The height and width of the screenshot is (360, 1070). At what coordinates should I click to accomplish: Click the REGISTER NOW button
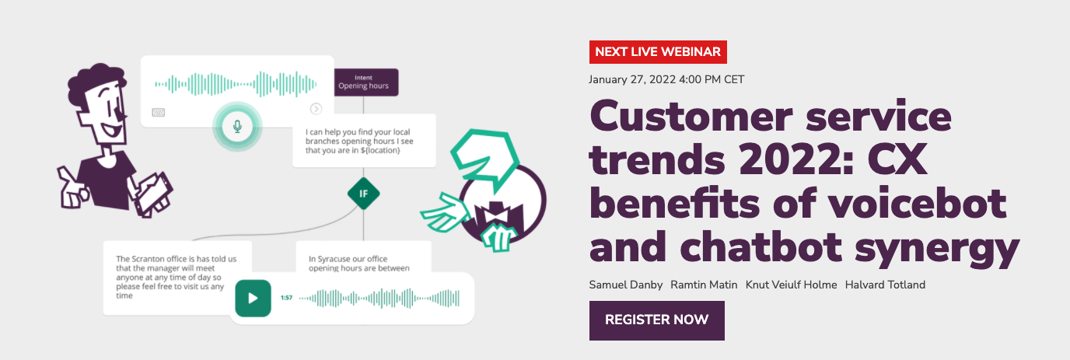656,320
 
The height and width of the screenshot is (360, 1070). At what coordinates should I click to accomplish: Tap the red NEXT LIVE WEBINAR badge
657,52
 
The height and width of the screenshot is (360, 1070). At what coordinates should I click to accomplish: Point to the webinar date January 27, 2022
666,79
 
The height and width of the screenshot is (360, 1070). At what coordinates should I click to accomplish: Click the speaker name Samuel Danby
625,285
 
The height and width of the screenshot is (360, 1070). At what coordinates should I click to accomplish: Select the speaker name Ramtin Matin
704,285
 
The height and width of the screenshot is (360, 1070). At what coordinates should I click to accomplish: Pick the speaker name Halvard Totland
885,285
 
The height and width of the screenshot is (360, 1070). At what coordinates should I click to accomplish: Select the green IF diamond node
363,194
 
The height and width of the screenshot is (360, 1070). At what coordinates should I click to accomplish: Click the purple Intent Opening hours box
366,82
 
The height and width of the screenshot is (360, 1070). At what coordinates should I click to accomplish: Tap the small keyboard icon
159,112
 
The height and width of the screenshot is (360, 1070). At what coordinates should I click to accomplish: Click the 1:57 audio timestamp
286,298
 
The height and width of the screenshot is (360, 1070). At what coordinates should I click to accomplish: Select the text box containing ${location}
363,141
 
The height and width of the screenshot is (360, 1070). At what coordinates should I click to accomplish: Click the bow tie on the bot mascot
494,212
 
